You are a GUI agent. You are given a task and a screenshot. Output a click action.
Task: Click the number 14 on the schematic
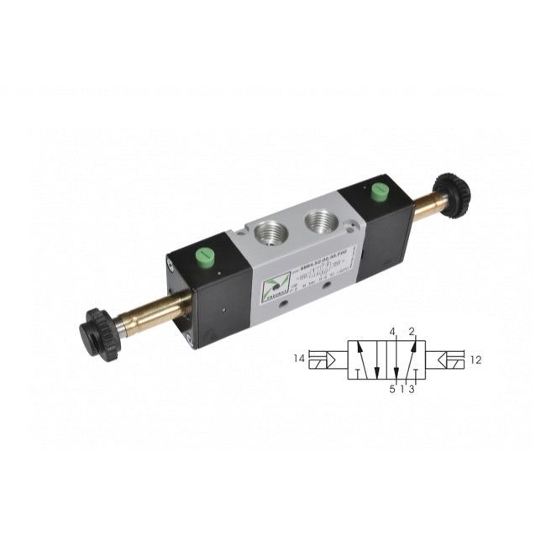pyautogui.click(x=298, y=359)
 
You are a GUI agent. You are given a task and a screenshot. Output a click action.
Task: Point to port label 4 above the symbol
pyautogui.click(x=392, y=332)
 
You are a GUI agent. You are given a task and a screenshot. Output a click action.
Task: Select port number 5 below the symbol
pyautogui.click(x=391, y=389)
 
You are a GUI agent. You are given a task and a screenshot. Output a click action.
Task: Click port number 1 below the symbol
pyautogui.click(x=403, y=389)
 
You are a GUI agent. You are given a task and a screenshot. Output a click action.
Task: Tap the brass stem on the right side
pyautogui.click(x=429, y=206)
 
